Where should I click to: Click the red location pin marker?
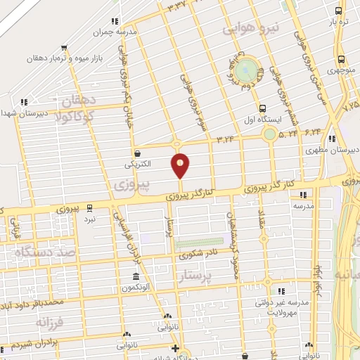pyautogui.click(x=181, y=165)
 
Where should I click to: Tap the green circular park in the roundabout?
pyautogui.click(x=245, y=70)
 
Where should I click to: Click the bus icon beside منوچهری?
pyautogui.click(x=342, y=59)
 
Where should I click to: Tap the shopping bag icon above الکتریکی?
pyautogui.click(x=137, y=153)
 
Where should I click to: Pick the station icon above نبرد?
pyautogui.click(x=89, y=208)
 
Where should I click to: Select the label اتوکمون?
pyautogui.click(x=137, y=288)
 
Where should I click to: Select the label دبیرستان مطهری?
pyautogui.click(x=330, y=150)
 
